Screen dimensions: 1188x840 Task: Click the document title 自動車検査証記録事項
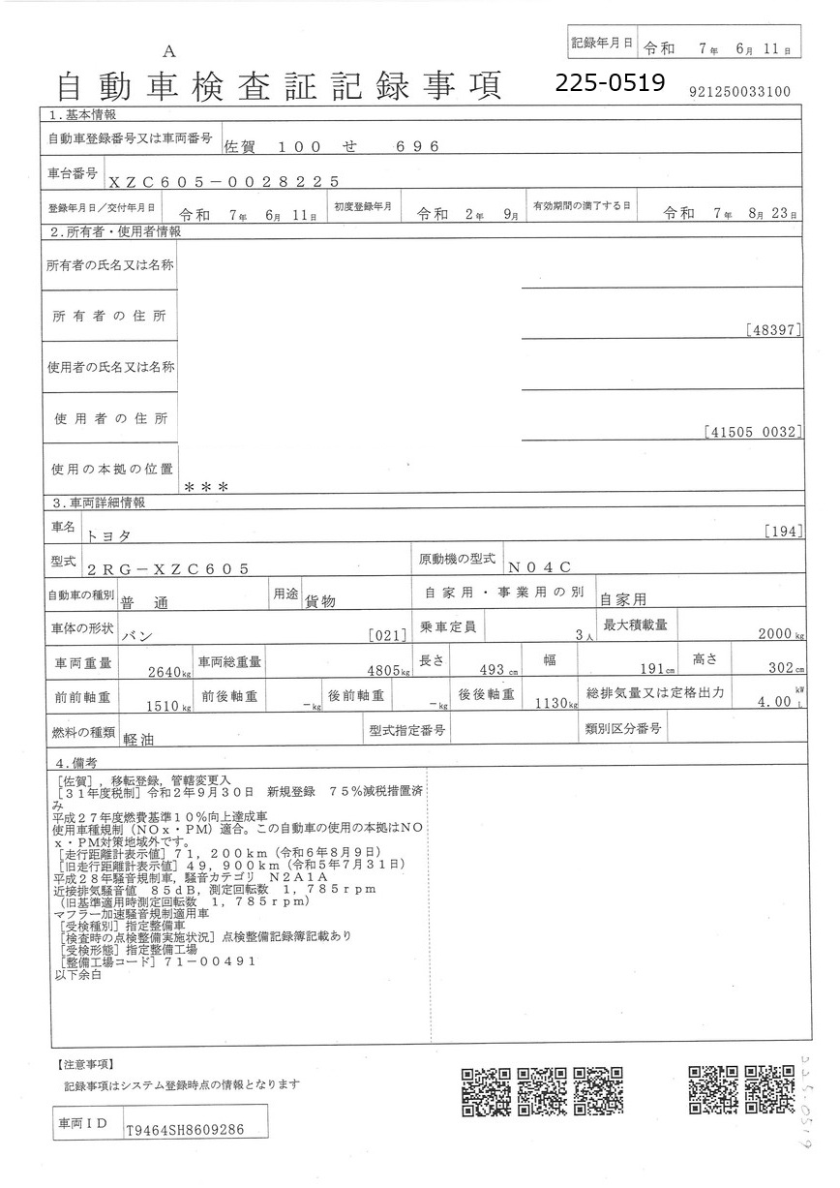280,87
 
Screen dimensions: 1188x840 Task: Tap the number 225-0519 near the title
611,84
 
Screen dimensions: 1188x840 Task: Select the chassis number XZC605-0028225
224,181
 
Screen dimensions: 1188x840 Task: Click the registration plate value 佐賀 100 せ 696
332,147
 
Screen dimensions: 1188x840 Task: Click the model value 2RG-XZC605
168,569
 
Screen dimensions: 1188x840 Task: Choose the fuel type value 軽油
141,737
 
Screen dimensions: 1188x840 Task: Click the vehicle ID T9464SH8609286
184,1129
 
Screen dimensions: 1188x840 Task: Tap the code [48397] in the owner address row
774,330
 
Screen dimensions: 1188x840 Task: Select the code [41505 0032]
754,433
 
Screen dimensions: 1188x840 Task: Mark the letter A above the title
168,51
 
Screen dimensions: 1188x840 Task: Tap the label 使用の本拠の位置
111,469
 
